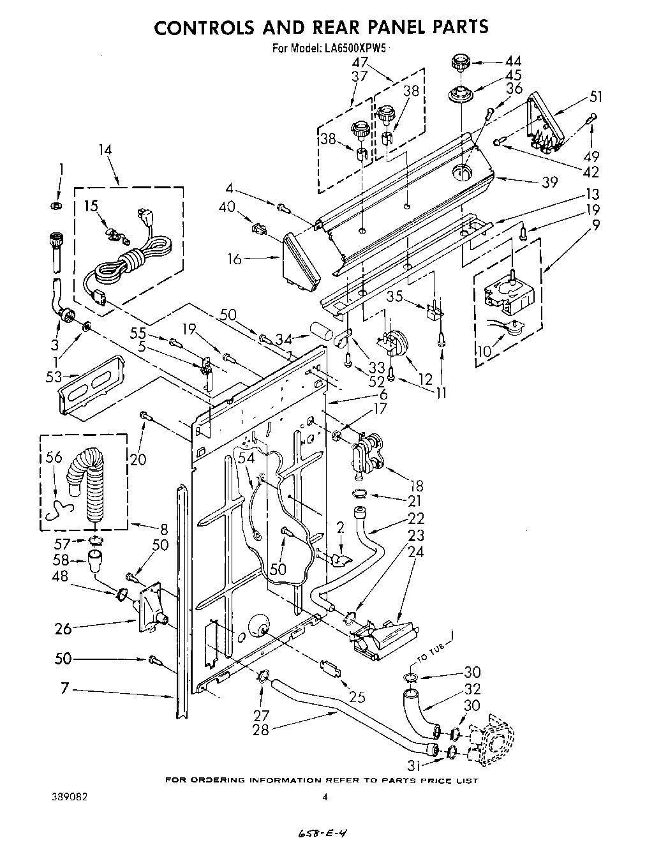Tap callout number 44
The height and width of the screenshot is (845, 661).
(512, 61)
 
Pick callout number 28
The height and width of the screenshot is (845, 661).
(260, 729)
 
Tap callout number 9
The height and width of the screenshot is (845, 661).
(595, 224)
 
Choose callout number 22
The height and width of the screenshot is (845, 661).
(416, 518)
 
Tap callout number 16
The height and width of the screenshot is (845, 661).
(235, 258)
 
